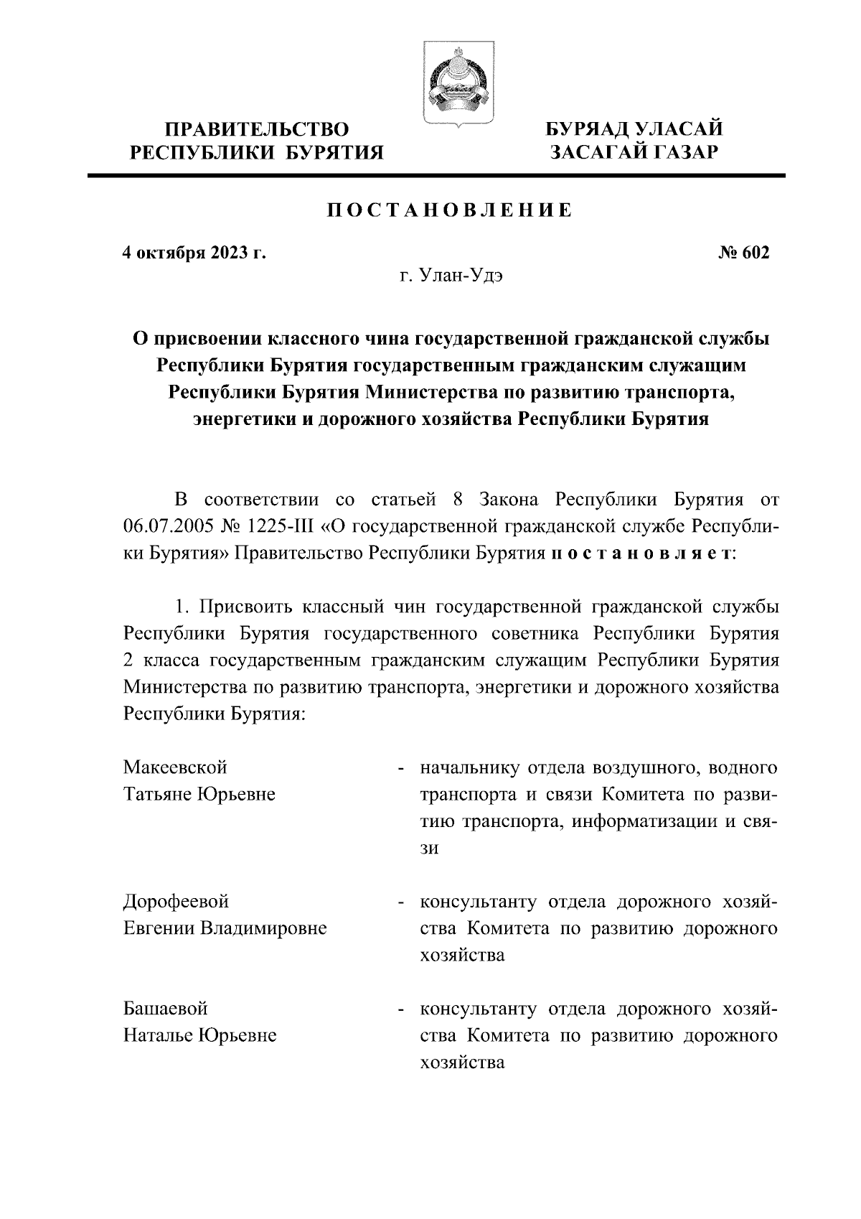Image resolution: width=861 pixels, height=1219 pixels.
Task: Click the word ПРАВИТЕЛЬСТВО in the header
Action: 257,129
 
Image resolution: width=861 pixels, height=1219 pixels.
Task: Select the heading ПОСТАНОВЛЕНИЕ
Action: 450,211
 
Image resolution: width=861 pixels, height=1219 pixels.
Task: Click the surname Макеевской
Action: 175,767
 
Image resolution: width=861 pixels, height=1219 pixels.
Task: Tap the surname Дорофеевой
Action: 176,901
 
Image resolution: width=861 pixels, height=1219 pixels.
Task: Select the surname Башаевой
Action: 166,1009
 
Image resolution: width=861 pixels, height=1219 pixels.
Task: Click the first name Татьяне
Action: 157,795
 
